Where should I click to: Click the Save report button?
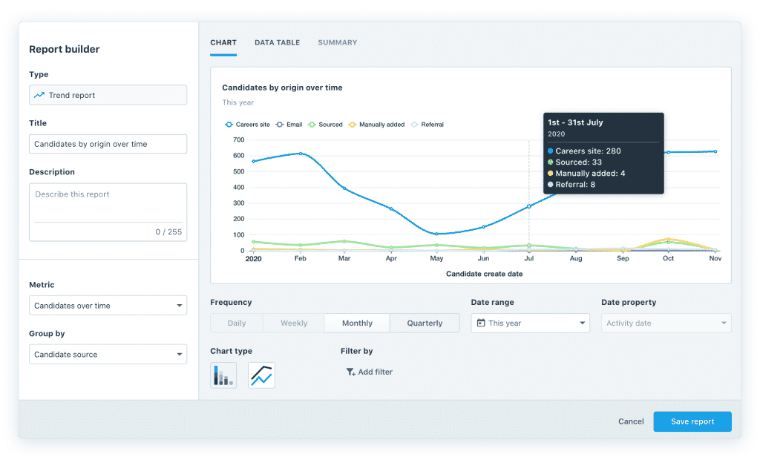(x=692, y=421)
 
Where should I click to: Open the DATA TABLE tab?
(x=277, y=43)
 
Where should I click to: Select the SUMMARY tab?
(x=337, y=43)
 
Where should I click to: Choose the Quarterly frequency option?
(x=425, y=323)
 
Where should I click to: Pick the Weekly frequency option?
(x=294, y=323)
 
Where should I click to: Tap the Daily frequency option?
(x=237, y=323)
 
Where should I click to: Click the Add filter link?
(x=370, y=372)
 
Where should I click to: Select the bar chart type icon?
(x=223, y=375)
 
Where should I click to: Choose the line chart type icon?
(x=261, y=375)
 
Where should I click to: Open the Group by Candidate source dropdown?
(x=108, y=355)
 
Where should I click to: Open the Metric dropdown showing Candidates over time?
(x=108, y=306)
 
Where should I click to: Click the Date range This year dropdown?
(x=530, y=323)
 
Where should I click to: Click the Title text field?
(x=108, y=144)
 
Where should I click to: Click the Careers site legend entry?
(x=248, y=125)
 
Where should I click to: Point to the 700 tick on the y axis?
(x=237, y=139)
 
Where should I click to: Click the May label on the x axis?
(x=436, y=259)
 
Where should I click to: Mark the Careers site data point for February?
(x=300, y=154)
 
